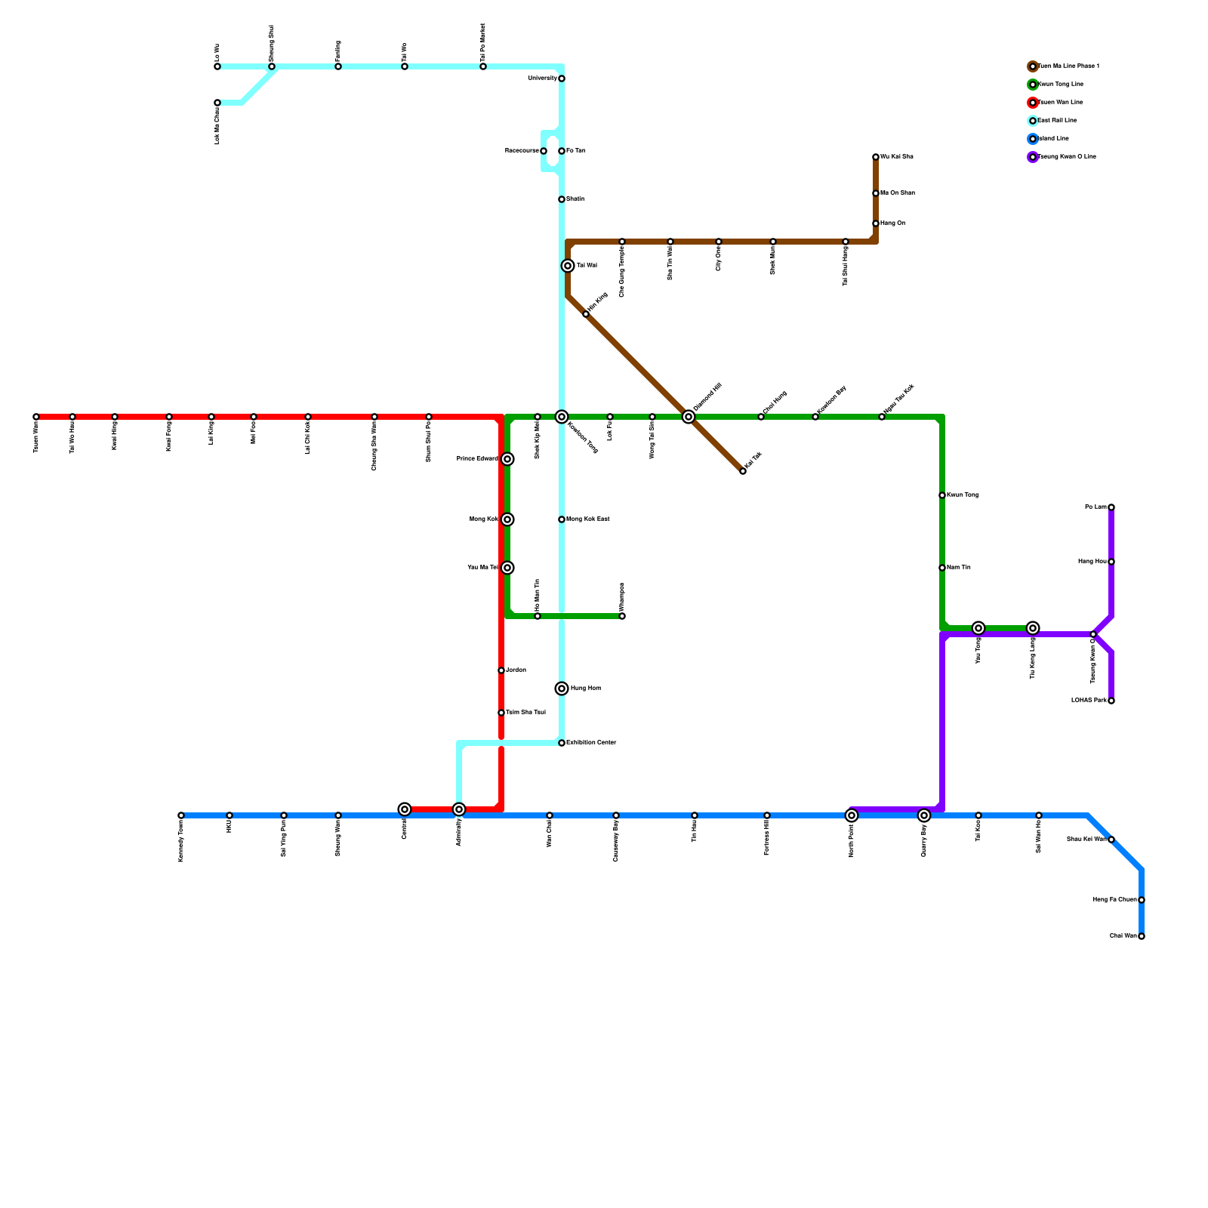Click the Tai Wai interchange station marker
[x=568, y=266]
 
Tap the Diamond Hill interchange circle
[x=689, y=417]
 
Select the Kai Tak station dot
[x=743, y=471]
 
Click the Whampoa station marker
[x=622, y=616]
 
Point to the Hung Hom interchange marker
[x=562, y=689]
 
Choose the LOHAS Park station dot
[x=1111, y=701]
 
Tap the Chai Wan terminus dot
[x=1142, y=936]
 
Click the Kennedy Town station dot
[x=181, y=815]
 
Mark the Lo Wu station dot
[x=217, y=66]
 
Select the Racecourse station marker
[x=544, y=151]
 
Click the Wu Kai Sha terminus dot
[x=876, y=157]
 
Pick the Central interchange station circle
[x=405, y=809]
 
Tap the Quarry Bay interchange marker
[x=924, y=815]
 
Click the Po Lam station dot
[x=1111, y=507]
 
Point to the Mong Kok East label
[x=588, y=519]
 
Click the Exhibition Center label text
[x=591, y=743]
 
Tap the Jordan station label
[x=516, y=670]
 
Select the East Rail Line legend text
[x=1058, y=121]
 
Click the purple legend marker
[x=1033, y=157]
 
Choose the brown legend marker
[x=1033, y=66]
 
